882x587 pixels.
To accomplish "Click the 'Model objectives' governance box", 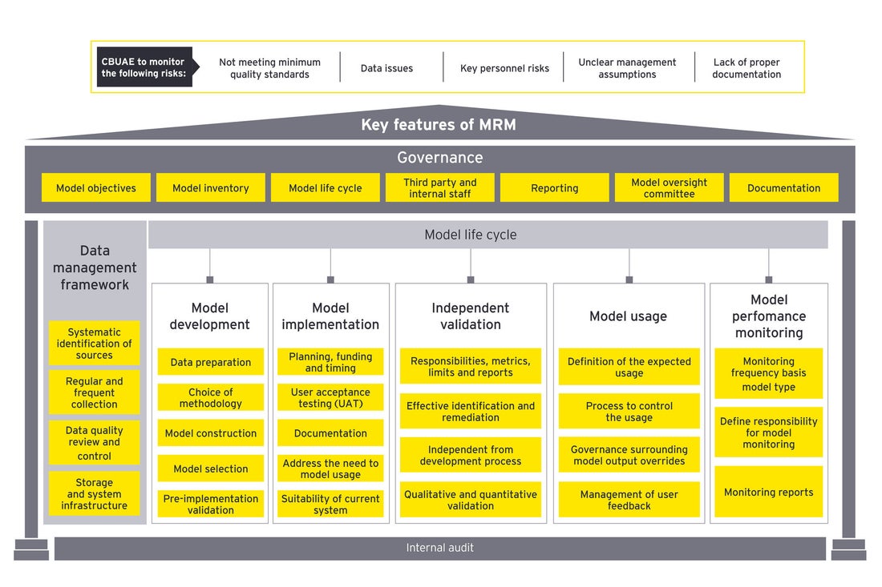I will pos(96,188).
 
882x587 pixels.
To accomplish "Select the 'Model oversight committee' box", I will pos(669,188).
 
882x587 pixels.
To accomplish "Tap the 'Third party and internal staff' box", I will pos(439,188).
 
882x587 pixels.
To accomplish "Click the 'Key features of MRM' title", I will pos(439,125).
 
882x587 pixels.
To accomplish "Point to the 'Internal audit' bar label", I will pos(439,548).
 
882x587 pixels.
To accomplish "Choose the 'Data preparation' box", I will pos(210,362).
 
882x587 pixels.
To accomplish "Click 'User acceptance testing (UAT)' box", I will pos(330,398).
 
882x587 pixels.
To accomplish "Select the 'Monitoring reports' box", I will pos(768,493).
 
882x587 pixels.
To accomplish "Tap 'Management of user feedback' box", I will pos(629,500).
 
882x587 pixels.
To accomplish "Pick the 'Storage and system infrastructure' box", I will pos(95,494).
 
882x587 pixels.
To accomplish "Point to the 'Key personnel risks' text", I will pos(504,68).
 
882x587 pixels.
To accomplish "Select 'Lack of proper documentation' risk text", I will pos(746,68).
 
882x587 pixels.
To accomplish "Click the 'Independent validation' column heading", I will pos(471,316).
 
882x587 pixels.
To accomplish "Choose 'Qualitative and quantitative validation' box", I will pos(471,500).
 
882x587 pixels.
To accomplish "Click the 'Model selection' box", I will pos(210,468).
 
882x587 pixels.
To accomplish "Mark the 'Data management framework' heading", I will pos(95,267).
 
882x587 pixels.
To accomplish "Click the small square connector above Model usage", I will pos(629,279).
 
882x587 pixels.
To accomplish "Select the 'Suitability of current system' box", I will pos(330,504).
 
